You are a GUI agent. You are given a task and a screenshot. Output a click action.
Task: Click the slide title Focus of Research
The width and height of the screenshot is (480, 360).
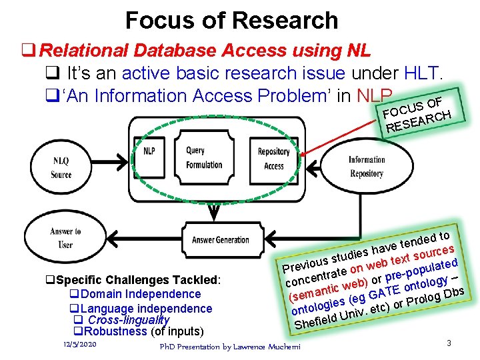pos(231,21)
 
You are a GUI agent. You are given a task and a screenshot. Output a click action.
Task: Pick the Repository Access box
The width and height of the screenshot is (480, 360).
pos(273,159)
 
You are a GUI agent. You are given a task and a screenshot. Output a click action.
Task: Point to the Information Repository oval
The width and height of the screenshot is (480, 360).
pos(367,166)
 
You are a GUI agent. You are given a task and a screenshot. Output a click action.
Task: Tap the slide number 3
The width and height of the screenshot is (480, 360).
pos(449,343)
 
